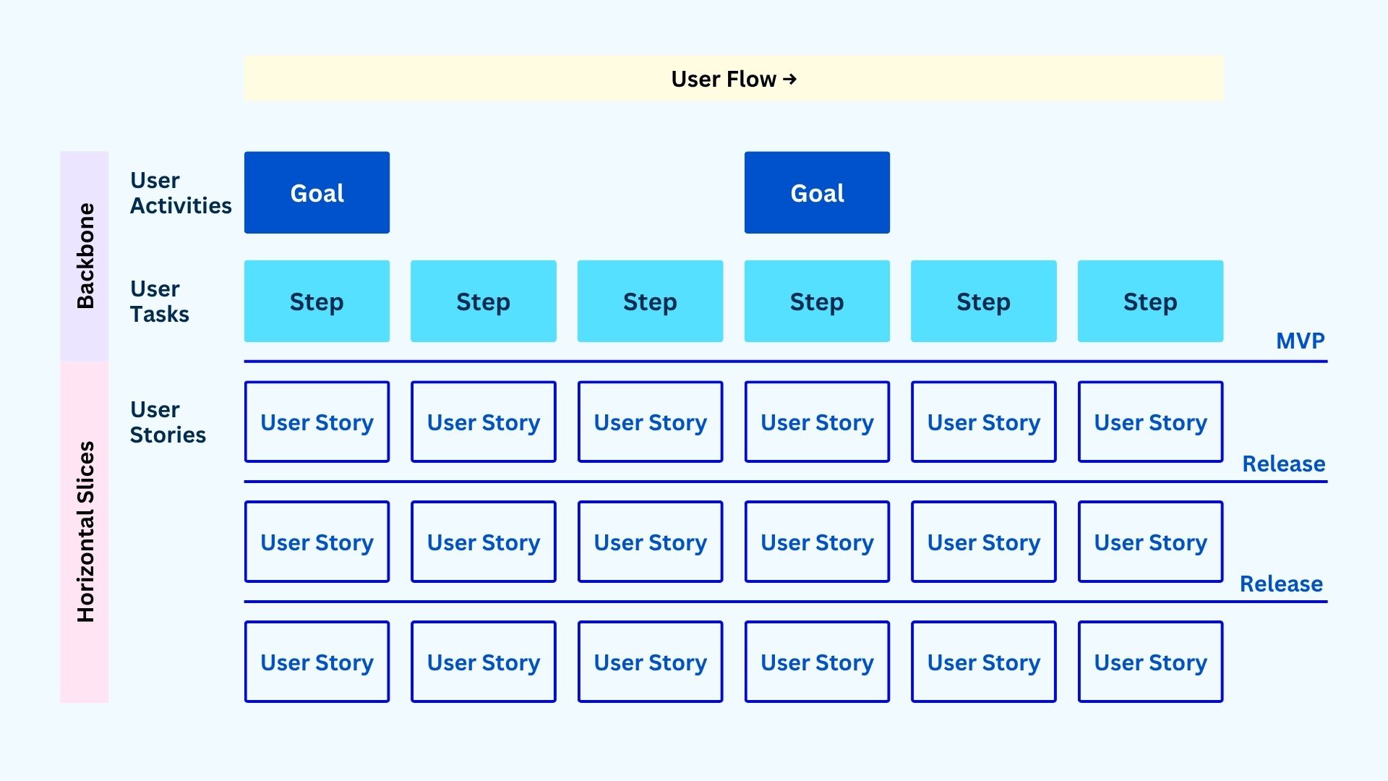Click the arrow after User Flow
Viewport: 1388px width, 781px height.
point(789,79)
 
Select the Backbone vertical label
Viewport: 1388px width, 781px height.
point(85,256)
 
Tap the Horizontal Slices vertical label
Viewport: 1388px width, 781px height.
point(85,532)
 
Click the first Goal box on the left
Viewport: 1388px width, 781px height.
point(317,192)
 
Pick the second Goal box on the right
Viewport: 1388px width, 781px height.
point(817,192)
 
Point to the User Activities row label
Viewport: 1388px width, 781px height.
point(180,193)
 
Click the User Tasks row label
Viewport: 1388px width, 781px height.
point(159,302)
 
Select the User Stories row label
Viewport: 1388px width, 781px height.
point(167,422)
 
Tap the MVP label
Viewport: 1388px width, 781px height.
point(1300,341)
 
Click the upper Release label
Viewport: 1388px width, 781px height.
point(1283,464)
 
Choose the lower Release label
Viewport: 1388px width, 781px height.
point(1281,584)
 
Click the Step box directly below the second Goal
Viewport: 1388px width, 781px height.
point(817,302)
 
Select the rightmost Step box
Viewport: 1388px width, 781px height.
point(1150,302)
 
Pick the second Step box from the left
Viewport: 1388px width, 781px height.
point(483,302)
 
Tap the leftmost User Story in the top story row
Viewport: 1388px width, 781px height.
point(317,422)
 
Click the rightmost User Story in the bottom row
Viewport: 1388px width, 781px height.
point(1150,662)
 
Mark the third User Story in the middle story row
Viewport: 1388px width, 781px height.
point(650,542)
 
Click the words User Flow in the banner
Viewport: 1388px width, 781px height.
point(723,79)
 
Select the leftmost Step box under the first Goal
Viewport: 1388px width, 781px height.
point(317,302)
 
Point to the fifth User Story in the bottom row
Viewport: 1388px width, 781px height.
point(983,662)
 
